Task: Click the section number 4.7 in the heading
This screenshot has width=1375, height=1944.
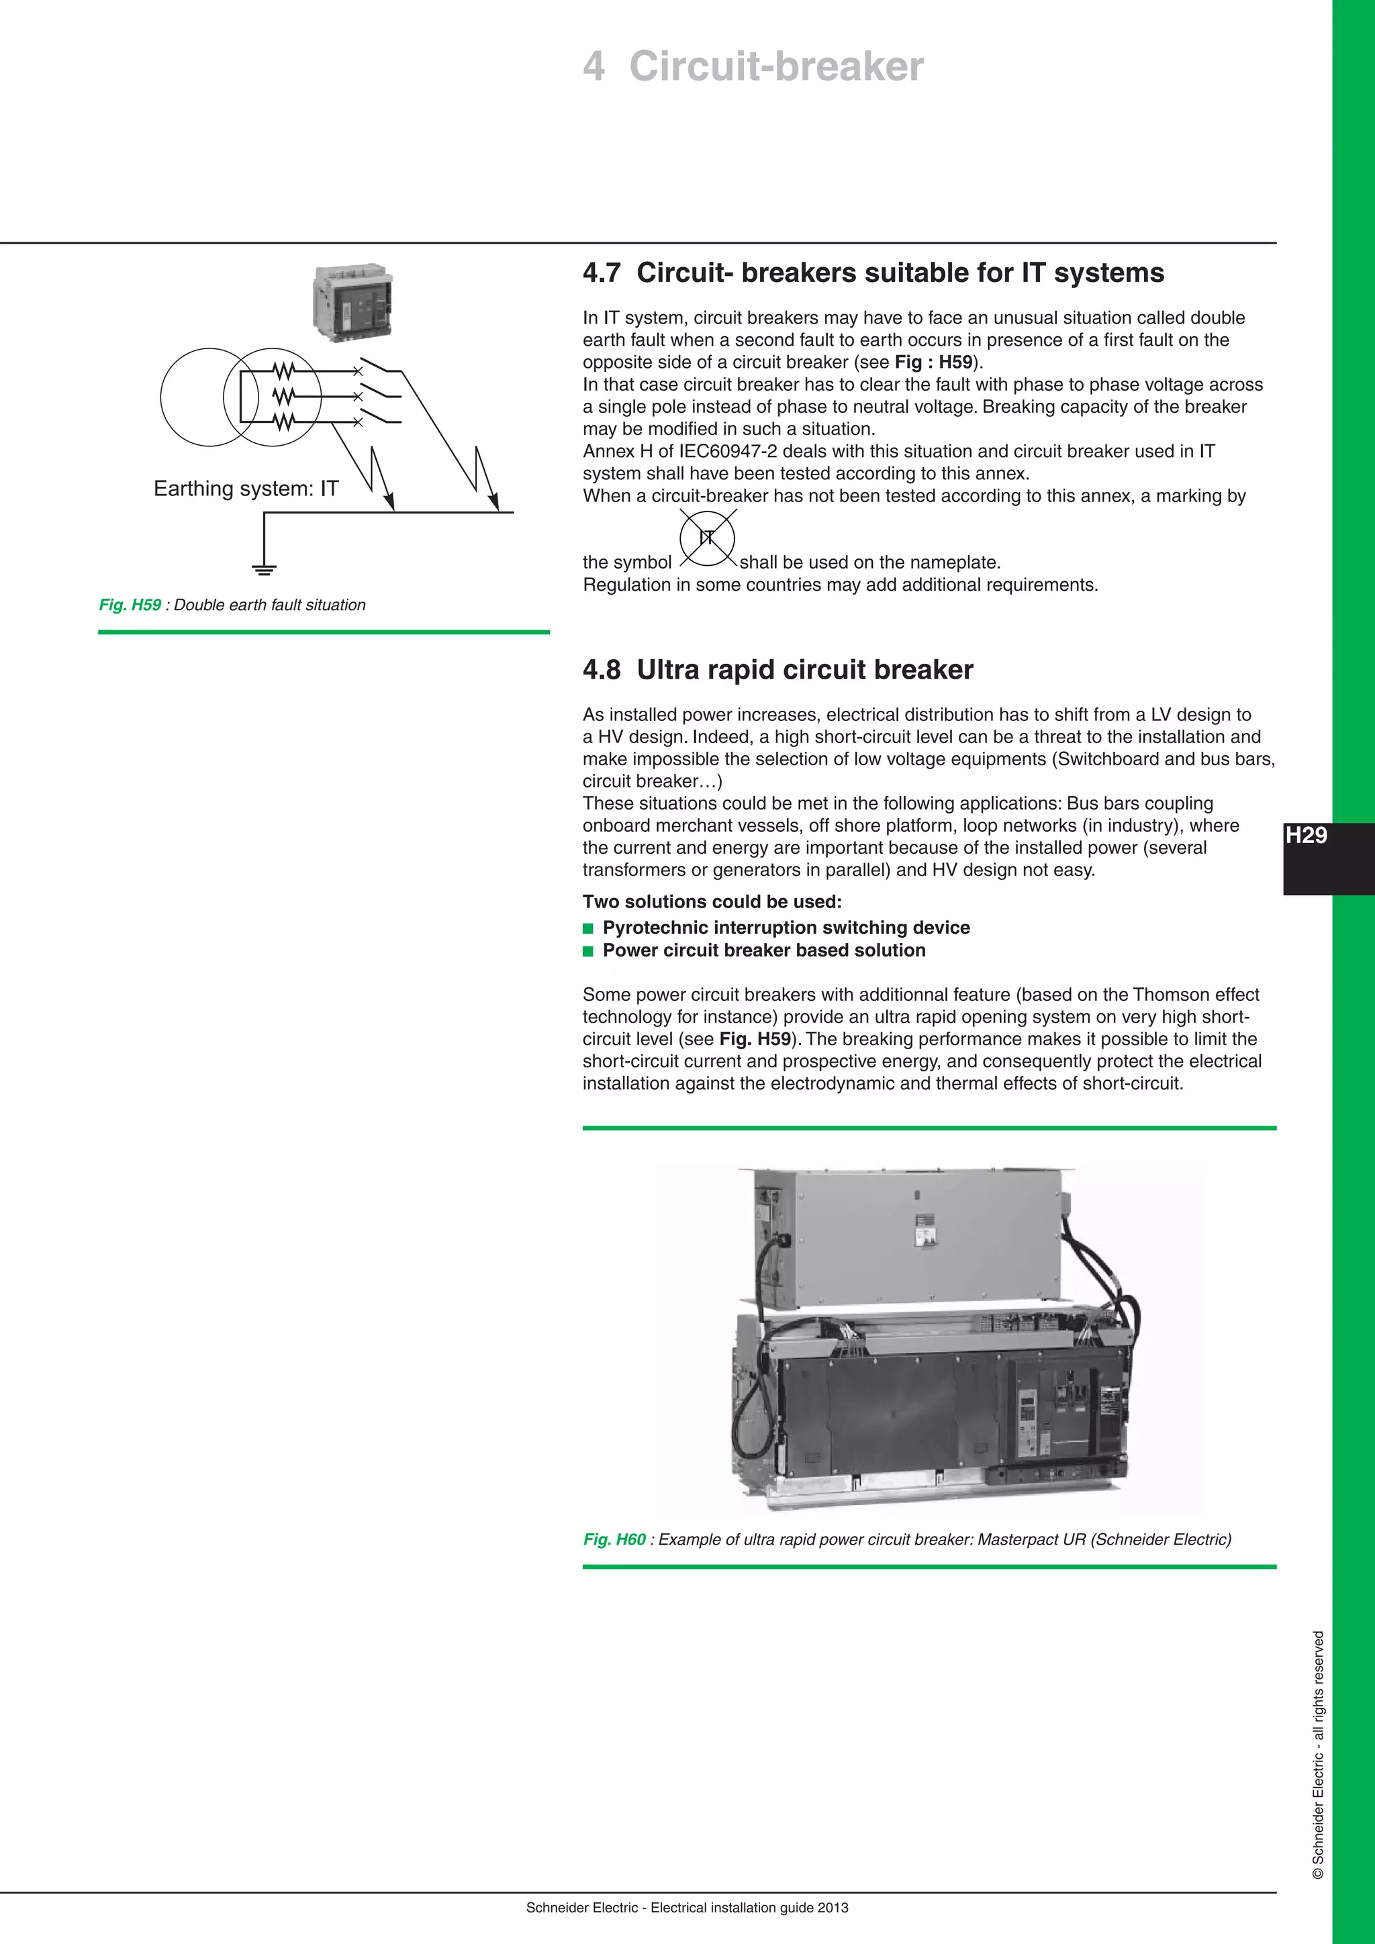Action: click(601, 273)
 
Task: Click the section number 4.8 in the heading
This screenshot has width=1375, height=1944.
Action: click(601, 670)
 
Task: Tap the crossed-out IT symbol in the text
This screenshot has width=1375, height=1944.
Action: click(707, 538)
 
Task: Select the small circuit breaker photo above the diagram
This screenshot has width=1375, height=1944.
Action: click(354, 301)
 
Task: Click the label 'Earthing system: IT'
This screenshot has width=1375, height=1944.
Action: click(246, 489)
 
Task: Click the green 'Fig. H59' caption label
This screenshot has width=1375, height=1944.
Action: click(130, 605)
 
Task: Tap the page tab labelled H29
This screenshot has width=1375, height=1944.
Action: click(1307, 836)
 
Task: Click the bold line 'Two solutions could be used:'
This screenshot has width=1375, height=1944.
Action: click(711, 902)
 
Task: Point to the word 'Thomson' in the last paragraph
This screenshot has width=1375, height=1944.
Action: click(1168, 994)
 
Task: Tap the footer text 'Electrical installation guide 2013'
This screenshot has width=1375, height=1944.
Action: click(749, 1908)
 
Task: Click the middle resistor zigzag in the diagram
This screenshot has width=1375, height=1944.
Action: click(283, 396)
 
